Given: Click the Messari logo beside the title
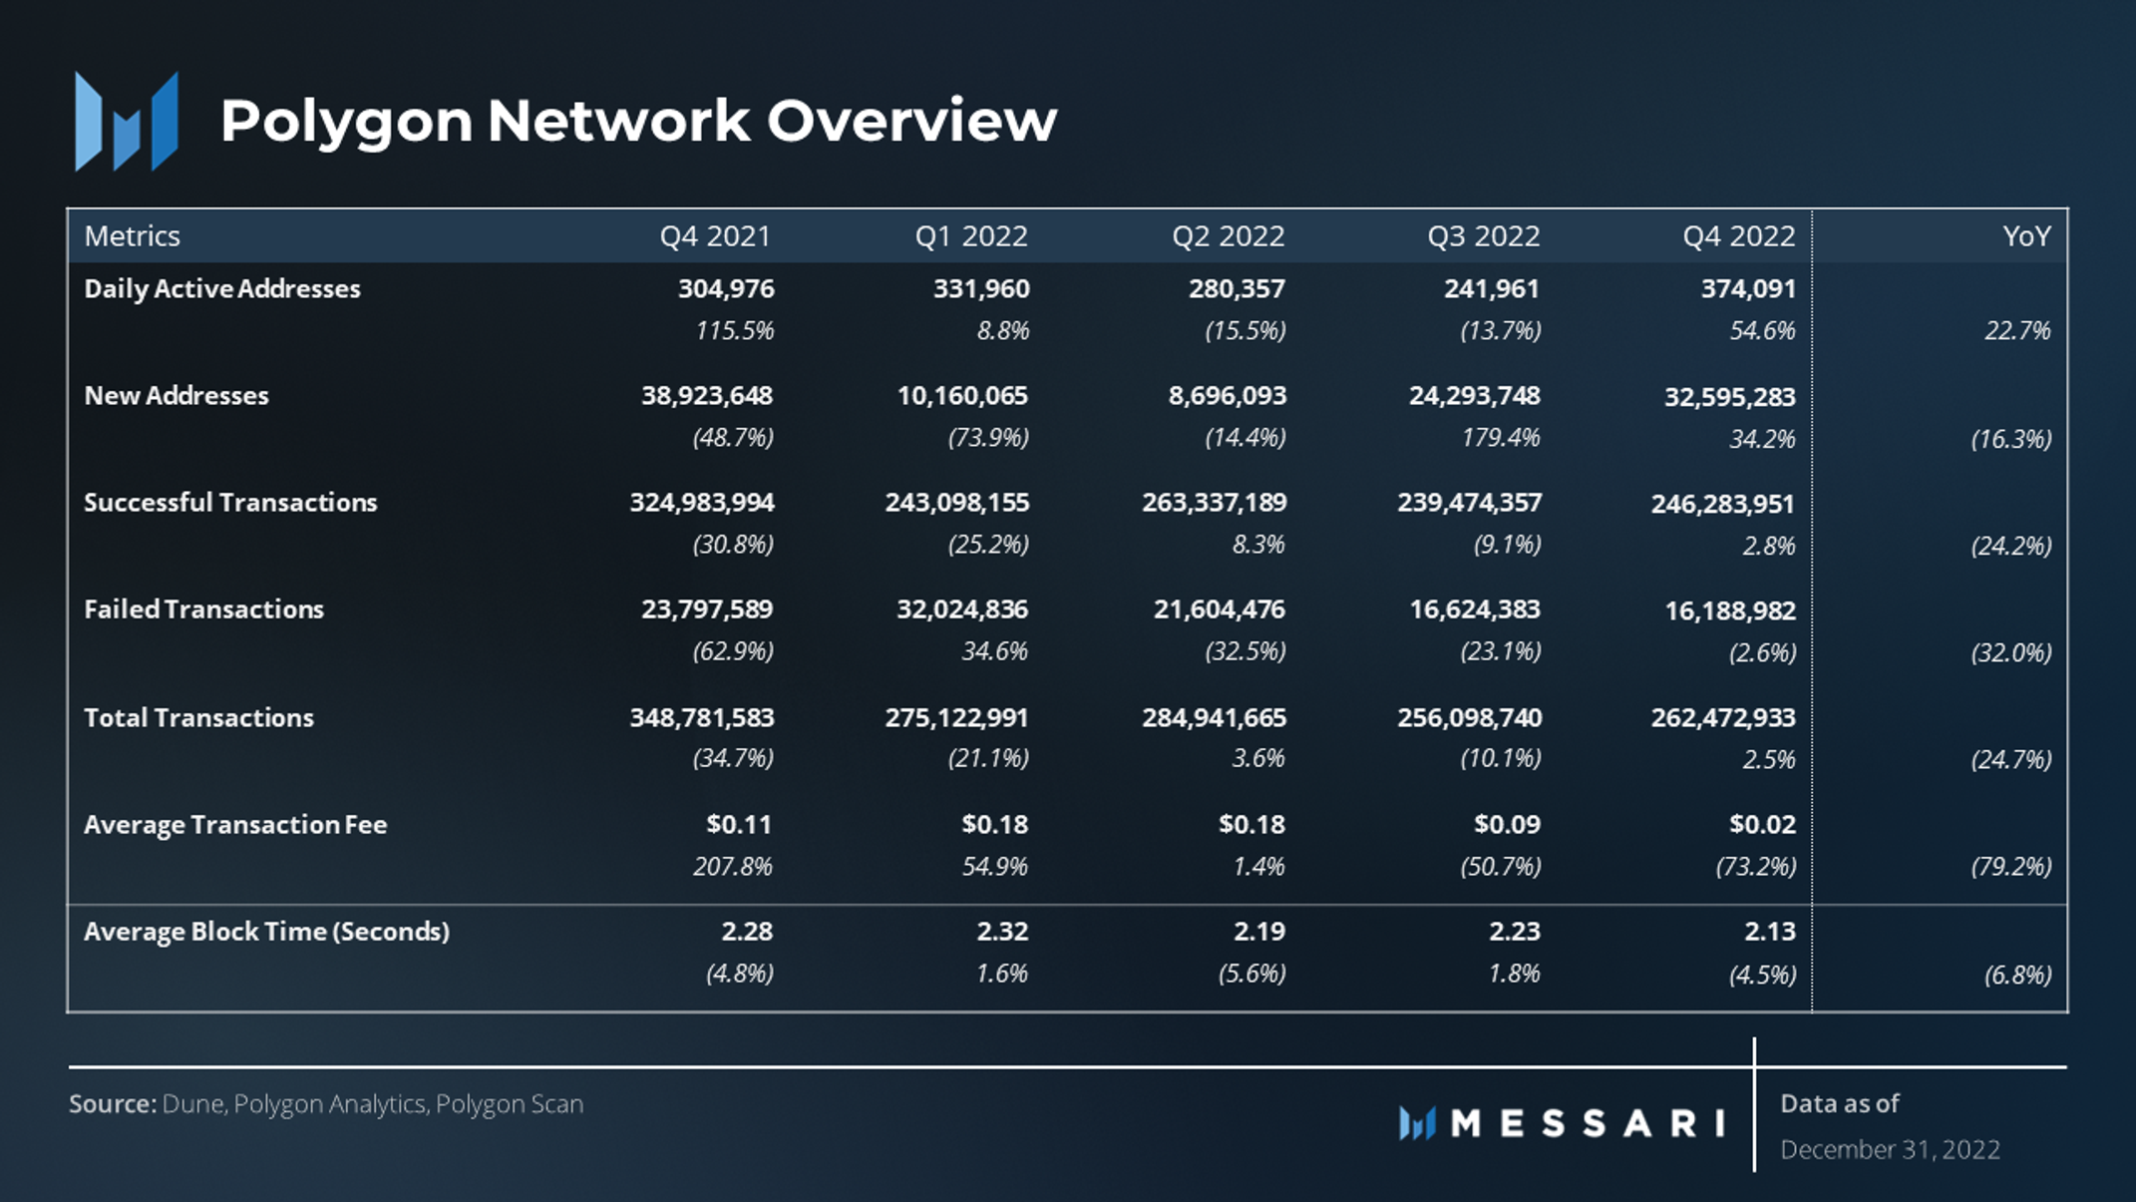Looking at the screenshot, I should coord(127,122).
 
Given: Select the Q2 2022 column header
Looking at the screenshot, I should coord(1228,236).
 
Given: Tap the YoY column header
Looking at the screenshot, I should coord(2025,236).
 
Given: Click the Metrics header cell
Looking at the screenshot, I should coord(132,236).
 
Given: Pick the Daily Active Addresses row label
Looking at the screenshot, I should coord(221,289).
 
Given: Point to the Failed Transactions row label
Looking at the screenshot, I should coord(203,609).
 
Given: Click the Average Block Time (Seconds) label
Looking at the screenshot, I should coord(266,932).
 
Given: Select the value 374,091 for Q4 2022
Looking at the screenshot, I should coord(1747,289).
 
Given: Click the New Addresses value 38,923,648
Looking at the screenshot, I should coord(706,396).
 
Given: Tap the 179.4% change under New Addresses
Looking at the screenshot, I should coord(1500,438).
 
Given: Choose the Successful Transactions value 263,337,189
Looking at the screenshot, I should coord(1214,503).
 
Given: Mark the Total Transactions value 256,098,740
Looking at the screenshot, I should coord(1469,718).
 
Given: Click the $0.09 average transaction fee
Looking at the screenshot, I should coord(1507,825).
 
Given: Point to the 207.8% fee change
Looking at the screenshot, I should coord(732,867).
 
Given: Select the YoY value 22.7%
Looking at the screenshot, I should coord(2016,331).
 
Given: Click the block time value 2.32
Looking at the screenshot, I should coord(1001,932).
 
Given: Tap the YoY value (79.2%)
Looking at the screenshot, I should coord(2010,867).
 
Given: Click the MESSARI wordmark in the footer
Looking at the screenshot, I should coord(1586,1124).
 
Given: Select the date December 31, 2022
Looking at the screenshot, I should coord(1890,1150).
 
